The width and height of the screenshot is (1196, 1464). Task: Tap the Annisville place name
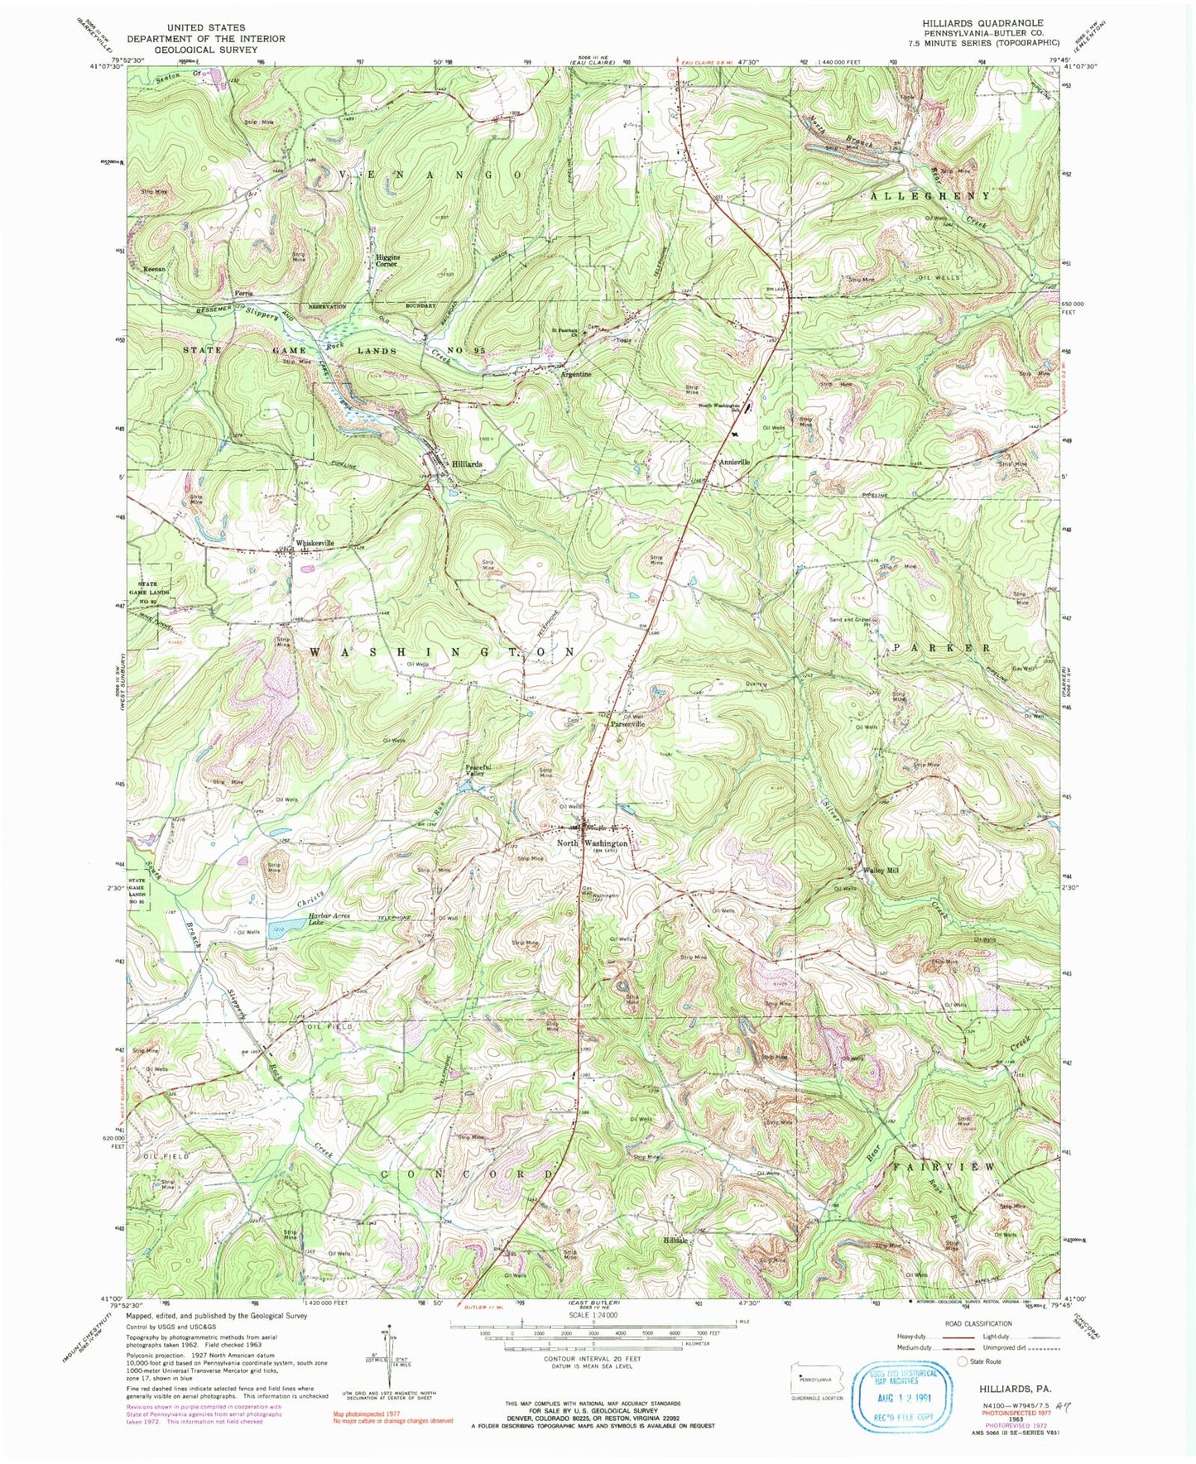[x=734, y=462]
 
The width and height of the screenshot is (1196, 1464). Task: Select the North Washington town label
[x=592, y=843]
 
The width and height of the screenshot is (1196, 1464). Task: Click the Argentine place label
[x=576, y=374]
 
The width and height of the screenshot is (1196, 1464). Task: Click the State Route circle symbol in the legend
[x=963, y=1361]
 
